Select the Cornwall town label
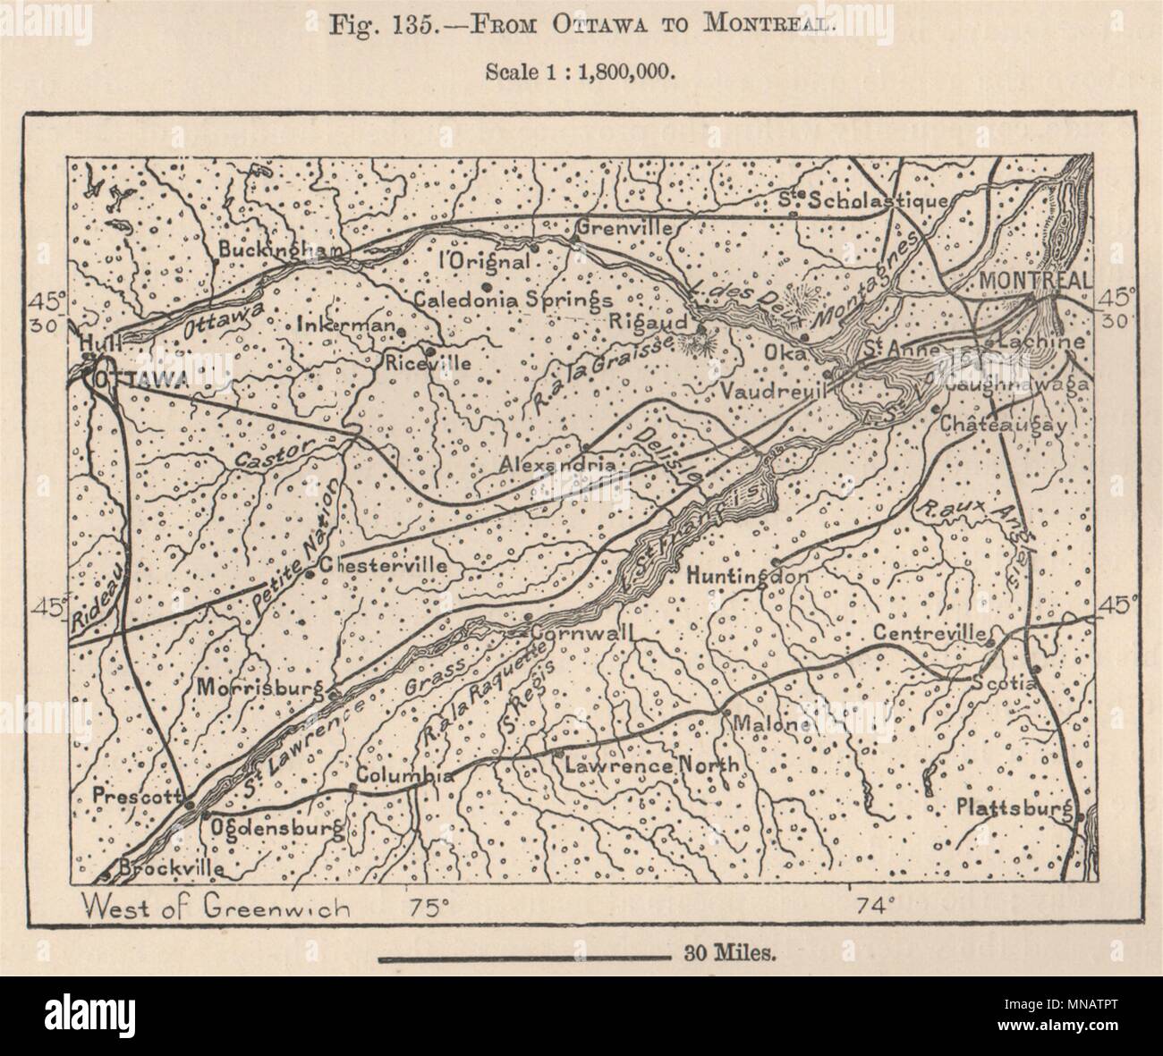click(x=581, y=632)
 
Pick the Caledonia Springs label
click(x=513, y=300)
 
